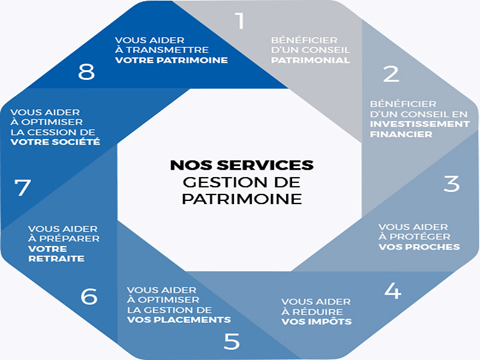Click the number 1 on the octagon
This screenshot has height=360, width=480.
tap(241, 21)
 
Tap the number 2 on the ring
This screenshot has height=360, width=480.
tap(391, 74)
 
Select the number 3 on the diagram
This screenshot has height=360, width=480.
tap(451, 184)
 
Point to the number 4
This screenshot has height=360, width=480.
tap(392, 290)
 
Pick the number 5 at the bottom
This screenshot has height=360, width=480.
tap(232, 341)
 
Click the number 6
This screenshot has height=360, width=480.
tap(89, 296)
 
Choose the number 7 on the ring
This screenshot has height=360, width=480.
tap(23, 188)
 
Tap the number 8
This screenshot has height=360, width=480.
tap(86, 72)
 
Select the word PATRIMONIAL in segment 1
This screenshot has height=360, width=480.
tap(310, 61)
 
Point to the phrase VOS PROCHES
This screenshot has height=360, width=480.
tap(419, 247)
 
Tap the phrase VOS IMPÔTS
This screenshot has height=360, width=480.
tap(316, 322)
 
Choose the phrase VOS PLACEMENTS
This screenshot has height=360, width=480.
tap(179, 320)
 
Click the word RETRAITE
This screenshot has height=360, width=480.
tap(56, 259)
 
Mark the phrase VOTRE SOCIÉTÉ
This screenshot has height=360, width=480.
tap(55, 142)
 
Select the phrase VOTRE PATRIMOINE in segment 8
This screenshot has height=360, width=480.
tap(172, 60)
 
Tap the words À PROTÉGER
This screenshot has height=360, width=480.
tap(415, 237)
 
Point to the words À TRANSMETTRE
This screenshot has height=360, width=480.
tap(162, 50)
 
